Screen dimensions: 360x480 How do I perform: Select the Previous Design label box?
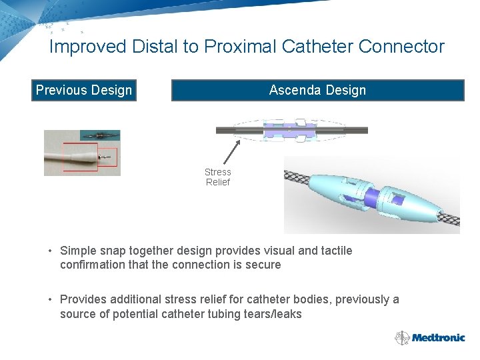(84, 90)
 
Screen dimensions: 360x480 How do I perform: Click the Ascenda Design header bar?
(317, 90)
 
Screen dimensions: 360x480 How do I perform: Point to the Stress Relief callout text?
(217, 177)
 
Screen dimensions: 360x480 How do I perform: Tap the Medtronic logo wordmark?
(438, 337)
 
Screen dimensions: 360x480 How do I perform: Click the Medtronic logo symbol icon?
(402, 338)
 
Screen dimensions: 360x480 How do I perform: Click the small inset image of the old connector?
(100, 135)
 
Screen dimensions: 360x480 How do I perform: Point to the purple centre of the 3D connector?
(373, 195)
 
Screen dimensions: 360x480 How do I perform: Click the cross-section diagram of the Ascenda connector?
(290, 131)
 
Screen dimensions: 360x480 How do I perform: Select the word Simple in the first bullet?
(78, 251)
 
